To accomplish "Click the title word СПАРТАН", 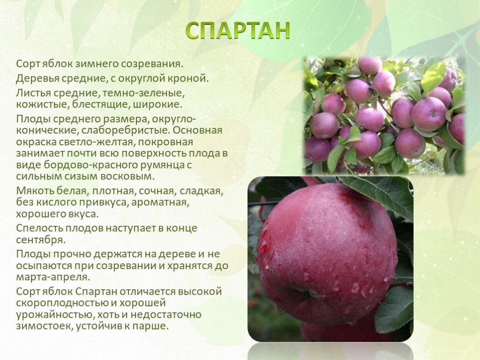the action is click(238, 30).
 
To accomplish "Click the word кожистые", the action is click(43, 105).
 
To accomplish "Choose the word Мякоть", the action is click(35, 191).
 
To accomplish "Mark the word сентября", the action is click(41, 240).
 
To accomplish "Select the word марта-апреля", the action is click(53, 277).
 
